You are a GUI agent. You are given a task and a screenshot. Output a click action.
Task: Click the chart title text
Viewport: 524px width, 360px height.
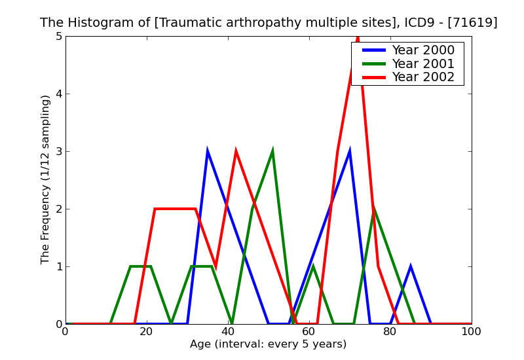click(x=269, y=23)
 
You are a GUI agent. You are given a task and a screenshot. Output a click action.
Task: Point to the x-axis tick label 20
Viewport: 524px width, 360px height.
click(x=147, y=332)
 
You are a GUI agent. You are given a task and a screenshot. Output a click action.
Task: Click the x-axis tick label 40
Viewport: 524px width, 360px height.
click(x=228, y=332)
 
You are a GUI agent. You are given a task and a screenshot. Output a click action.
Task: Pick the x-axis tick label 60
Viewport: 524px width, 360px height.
click(x=309, y=332)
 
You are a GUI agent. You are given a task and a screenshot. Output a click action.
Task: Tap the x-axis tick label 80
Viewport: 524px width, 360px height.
click(x=390, y=332)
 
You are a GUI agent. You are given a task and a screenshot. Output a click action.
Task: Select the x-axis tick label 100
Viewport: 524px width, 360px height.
click(x=471, y=332)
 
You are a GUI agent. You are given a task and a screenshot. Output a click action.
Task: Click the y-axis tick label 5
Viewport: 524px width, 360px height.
click(x=58, y=37)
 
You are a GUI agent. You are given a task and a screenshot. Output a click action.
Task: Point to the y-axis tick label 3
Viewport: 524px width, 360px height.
click(x=58, y=152)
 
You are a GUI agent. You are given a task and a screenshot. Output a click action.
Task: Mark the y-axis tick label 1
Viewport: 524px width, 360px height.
click(x=58, y=267)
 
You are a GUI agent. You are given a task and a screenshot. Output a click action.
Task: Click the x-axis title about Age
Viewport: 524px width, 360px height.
click(x=269, y=344)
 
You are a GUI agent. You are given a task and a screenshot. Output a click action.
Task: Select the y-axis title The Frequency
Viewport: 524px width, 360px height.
click(x=45, y=179)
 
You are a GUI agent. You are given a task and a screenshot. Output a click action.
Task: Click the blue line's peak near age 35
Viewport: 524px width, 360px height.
click(x=208, y=152)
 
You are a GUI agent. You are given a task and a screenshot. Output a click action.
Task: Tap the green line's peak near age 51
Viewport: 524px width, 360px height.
click(x=272, y=152)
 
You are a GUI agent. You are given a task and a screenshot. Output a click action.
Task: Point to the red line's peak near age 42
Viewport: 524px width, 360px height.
click(x=236, y=152)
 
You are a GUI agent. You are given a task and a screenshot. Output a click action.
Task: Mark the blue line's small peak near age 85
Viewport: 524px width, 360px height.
click(x=410, y=267)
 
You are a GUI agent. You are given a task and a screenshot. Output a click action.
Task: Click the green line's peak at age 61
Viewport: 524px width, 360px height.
click(x=313, y=267)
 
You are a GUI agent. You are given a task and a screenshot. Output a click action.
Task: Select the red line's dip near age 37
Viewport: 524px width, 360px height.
click(x=215, y=266)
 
